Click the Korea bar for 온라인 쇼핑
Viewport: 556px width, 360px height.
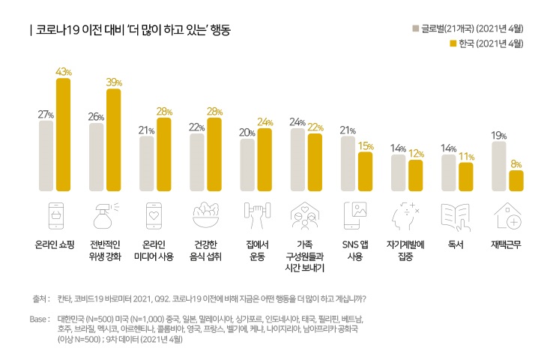pyautogui.click(x=63, y=135)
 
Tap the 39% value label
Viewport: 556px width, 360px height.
pyautogui.click(x=114, y=82)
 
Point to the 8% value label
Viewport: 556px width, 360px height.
pyautogui.click(x=516, y=163)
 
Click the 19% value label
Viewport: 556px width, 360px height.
pyautogui.click(x=499, y=136)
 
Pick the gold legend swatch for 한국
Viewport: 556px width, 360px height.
pyautogui.click(x=453, y=43)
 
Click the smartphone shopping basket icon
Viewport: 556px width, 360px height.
pyautogui.click(x=56, y=216)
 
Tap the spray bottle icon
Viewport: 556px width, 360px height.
pyautogui.click(x=105, y=216)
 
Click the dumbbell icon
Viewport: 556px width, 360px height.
pyautogui.click(x=256, y=216)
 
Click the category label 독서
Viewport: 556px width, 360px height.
pyautogui.click(x=456, y=244)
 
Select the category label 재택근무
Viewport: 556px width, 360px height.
pyautogui.click(x=507, y=244)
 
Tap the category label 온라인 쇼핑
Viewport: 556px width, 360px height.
pyautogui.click(x=55, y=244)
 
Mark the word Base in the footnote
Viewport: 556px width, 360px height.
pyautogui.click(x=38, y=319)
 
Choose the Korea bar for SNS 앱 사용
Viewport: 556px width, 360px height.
pyautogui.click(x=365, y=172)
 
